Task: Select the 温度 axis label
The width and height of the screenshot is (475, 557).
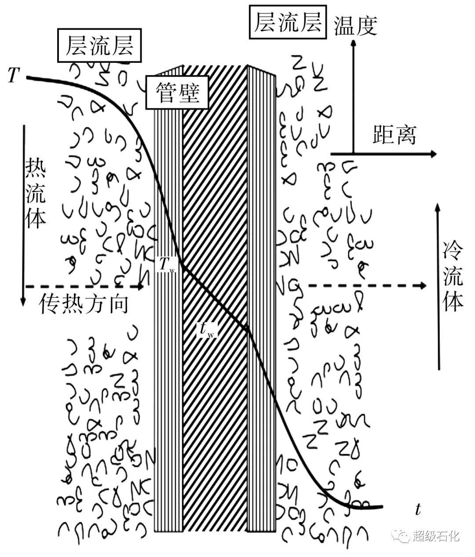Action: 356,26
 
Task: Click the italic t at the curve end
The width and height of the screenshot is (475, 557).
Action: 418,509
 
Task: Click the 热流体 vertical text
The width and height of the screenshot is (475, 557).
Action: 35,194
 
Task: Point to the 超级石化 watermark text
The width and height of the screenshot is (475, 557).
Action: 436,536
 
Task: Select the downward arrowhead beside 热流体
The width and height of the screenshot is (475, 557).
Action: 23,304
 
